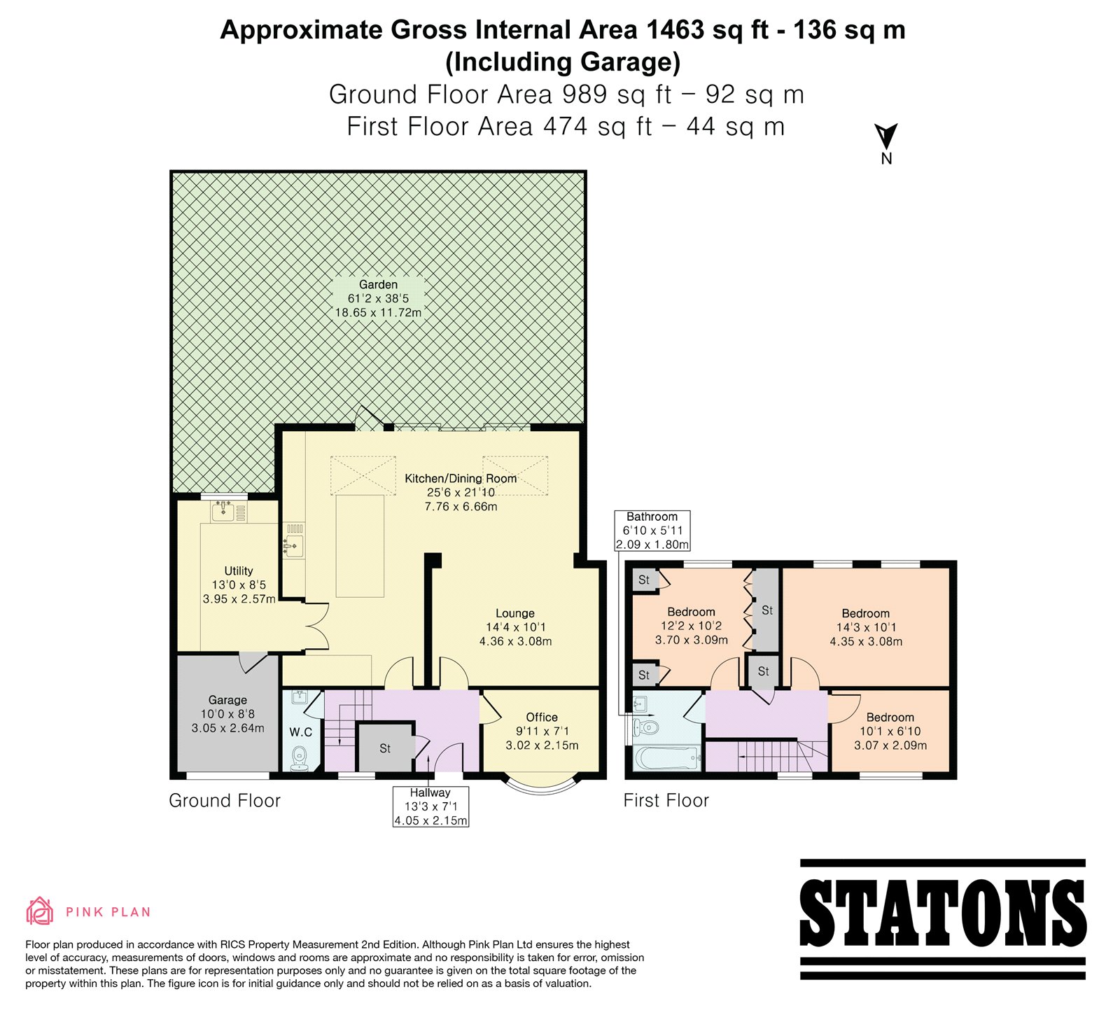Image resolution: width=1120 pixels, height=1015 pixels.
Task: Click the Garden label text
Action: tap(379, 284)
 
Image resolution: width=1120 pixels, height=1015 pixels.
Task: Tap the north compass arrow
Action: tap(886, 136)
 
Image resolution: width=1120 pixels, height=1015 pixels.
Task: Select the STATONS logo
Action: tap(942, 918)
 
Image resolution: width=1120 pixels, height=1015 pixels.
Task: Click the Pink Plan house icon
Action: tap(40, 911)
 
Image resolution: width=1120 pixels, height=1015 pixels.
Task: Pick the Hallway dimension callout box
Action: tap(430, 806)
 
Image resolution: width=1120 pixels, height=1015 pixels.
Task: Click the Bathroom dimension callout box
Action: tap(652, 531)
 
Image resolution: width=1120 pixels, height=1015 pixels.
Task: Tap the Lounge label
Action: tap(515, 613)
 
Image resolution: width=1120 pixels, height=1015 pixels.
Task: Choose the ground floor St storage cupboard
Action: tap(385, 747)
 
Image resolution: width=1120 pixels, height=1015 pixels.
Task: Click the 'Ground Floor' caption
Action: tap(225, 801)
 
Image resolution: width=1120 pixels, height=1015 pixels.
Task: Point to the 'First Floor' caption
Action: tap(666, 801)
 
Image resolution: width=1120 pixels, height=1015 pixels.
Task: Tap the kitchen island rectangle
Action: tap(360, 545)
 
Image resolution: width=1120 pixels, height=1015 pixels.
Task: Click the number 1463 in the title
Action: tap(675, 30)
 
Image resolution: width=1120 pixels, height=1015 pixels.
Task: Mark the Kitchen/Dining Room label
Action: tap(461, 479)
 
